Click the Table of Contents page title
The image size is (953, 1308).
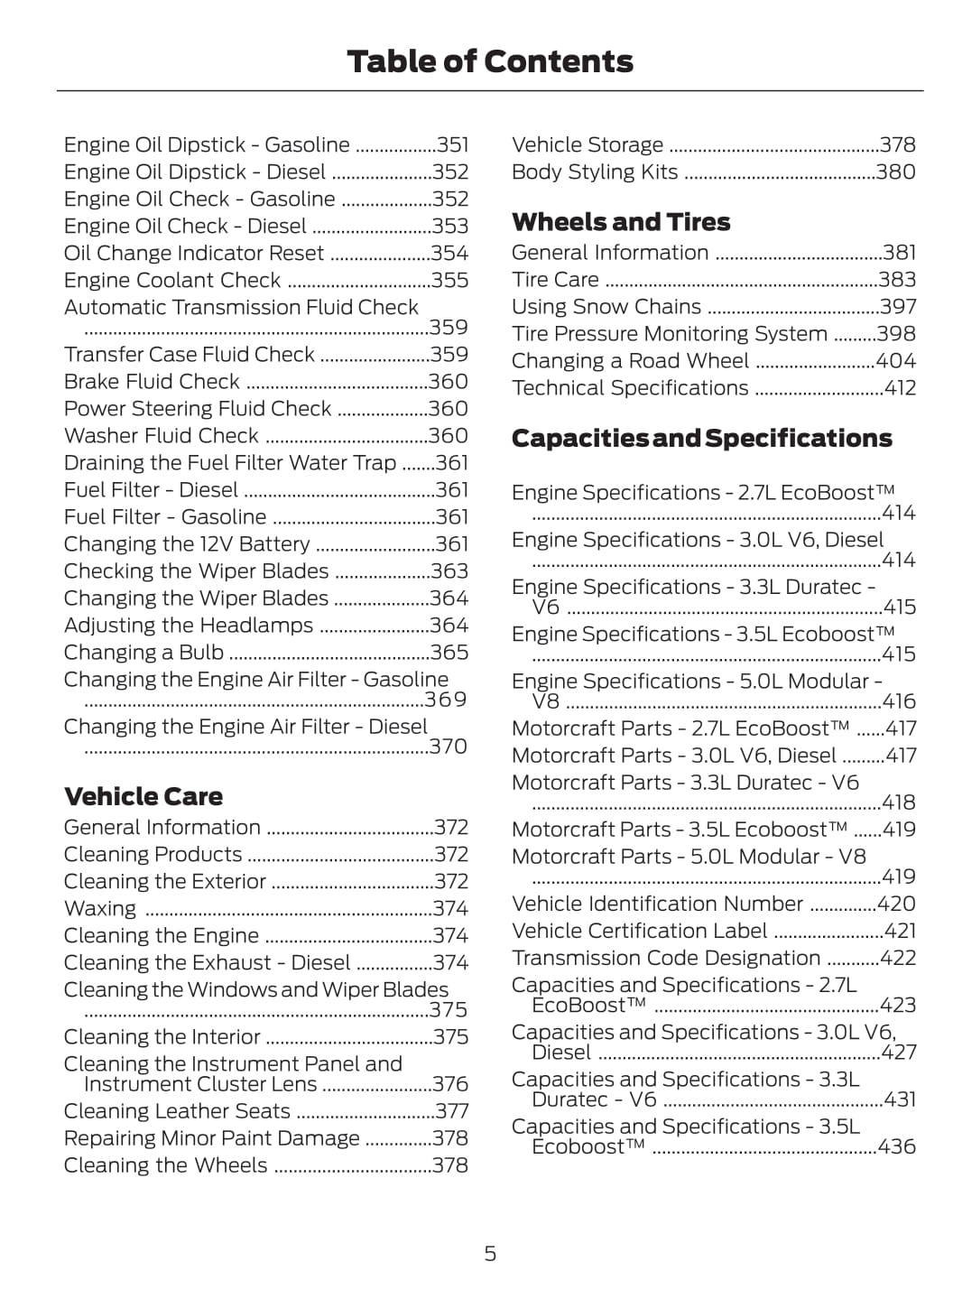[489, 61]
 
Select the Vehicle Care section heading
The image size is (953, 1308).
[143, 796]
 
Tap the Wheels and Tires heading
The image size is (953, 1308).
[620, 222]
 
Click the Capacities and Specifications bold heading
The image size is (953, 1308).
[701, 439]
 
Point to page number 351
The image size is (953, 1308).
[452, 145]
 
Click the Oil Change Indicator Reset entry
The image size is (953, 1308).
[193, 254]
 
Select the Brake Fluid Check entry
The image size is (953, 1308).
[152, 382]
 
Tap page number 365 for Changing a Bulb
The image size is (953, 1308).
[449, 653]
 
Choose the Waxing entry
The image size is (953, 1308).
[100, 909]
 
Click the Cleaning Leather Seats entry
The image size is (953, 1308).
[177, 1111]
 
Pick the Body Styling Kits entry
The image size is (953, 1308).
[594, 172]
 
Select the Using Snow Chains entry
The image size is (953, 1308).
[606, 307]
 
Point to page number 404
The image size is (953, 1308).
[895, 361]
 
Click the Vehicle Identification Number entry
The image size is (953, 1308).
[656, 904]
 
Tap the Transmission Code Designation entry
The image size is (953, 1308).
[665, 958]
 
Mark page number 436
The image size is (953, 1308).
[896, 1146]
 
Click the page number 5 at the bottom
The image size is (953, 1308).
[490, 1253]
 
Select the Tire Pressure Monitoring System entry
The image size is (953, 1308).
[669, 334]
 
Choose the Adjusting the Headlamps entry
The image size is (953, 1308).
[188, 626]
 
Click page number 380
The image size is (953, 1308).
[895, 172]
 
